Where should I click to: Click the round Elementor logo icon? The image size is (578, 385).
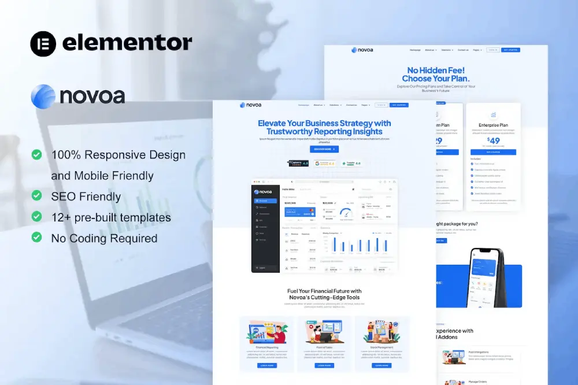(x=43, y=44)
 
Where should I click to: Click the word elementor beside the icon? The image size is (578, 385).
(x=127, y=43)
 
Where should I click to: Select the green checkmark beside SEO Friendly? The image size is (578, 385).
(x=37, y=196)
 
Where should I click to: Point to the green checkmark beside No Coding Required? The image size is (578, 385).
(x=37, y=238)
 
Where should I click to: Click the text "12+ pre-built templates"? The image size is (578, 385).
(x=111, y=217)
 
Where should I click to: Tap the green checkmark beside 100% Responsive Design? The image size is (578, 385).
(x=37, y=154)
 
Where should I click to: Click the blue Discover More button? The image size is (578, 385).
(x=324, y=149)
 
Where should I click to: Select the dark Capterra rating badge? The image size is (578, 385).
(x=299, y=164)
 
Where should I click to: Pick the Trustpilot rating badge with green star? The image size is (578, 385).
(x=351, y=164)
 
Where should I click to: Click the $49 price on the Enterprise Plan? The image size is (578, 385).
(x=493, y=140)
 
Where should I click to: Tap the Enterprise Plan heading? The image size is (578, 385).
(x=493, y=125)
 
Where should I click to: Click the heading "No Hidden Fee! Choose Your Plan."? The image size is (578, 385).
(x=436, y=74)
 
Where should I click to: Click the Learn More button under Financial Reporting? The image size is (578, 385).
(x=266, y=365)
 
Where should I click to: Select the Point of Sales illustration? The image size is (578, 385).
(x=324, y=331)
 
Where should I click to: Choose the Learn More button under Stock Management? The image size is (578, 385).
(x=382, y=365)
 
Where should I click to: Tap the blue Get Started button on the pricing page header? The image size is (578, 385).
(x=510, y=50)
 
